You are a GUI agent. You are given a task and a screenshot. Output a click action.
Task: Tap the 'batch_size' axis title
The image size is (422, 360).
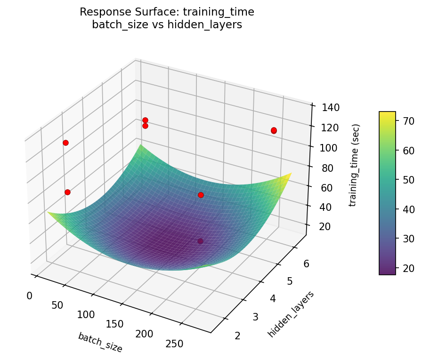(100, 342)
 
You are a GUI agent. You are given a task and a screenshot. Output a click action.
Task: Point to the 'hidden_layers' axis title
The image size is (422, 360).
(291, 314)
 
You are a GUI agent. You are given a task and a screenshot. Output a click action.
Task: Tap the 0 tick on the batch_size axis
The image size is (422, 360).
(30, 296)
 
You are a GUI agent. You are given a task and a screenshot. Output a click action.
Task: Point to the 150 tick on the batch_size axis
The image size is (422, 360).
(114, 324)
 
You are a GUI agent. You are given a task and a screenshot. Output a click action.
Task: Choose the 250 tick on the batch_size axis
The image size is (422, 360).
(174, 344)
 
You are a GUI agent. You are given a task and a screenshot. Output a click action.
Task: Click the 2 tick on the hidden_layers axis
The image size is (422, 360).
(237, 336)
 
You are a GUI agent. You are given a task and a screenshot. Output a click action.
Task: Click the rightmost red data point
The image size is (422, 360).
(274, 130)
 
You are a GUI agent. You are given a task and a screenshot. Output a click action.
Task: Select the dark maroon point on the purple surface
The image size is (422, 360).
(200, 241)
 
